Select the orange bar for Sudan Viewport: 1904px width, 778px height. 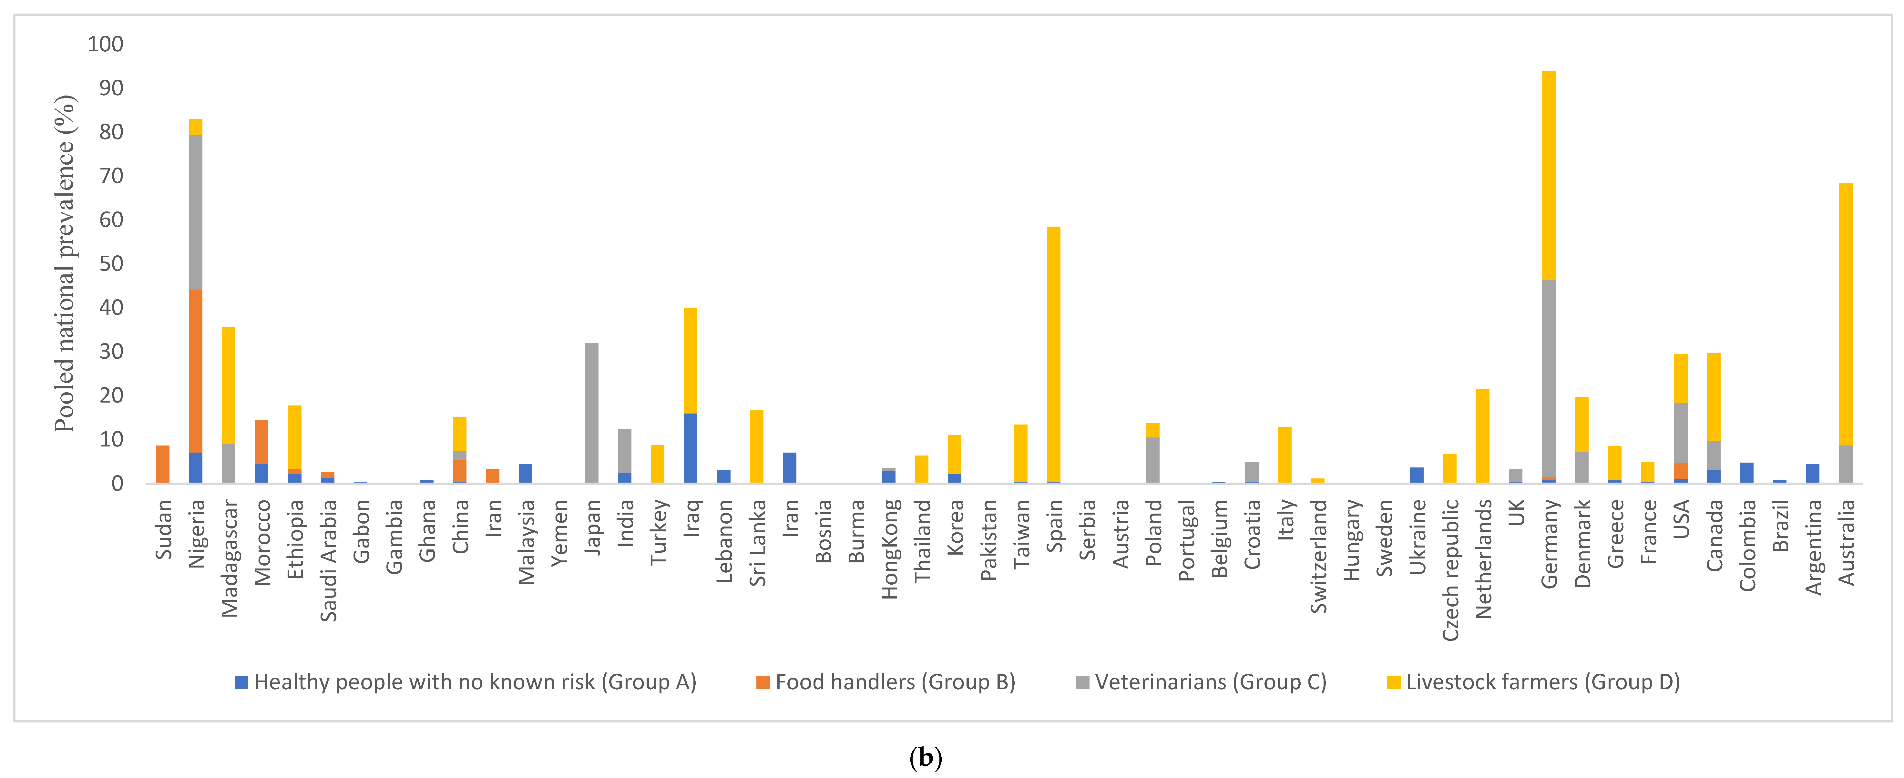[163, 464]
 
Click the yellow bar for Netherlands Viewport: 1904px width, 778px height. [1482, 436]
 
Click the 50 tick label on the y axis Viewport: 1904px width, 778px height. [111, 264]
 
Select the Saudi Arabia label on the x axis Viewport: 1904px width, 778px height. [328, 560]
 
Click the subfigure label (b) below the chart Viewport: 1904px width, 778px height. [926, 757]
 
